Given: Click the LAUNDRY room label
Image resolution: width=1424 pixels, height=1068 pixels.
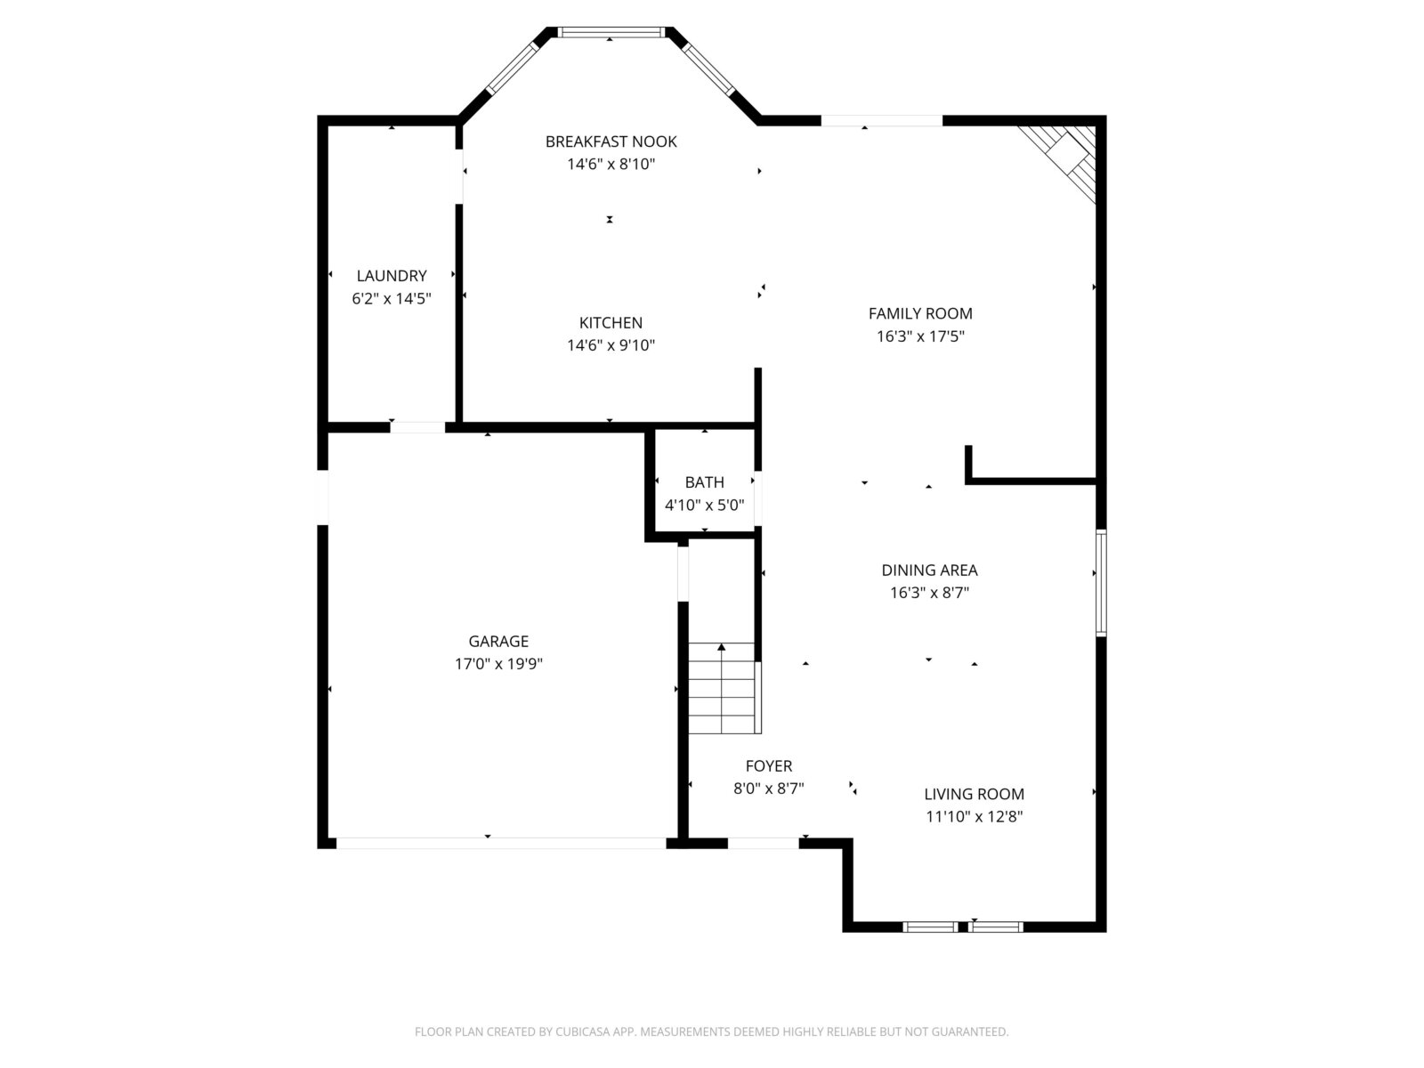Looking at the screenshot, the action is tap(392, 276).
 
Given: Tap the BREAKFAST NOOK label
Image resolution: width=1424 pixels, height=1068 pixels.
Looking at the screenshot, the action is tap(611, 142).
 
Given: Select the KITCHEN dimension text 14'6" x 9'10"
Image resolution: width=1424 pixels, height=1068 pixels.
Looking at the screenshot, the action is tap(611, 345).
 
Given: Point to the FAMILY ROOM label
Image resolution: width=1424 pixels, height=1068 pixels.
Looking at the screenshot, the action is tap(920, 313).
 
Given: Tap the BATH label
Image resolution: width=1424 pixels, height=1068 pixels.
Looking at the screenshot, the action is tap(704, 481).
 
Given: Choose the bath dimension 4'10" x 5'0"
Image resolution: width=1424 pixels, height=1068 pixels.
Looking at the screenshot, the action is tap(704, 505).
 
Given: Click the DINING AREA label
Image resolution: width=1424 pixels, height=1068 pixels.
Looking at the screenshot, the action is tap(929, 570).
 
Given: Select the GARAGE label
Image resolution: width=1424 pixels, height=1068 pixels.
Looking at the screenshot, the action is tap(498, 641).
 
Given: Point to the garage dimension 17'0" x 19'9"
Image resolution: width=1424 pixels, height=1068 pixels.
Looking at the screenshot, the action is tap(498, 663).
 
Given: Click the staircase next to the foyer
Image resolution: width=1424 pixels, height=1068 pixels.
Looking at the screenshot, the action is tap(724, 688).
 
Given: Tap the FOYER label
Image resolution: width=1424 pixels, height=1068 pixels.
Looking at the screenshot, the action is tap(769, 765).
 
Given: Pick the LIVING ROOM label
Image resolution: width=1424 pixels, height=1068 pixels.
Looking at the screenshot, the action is tap(974, 794).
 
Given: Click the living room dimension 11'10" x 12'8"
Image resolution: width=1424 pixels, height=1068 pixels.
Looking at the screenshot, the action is tap(974, 816).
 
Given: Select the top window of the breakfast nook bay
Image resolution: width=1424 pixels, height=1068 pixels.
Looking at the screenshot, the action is tap(611, 32).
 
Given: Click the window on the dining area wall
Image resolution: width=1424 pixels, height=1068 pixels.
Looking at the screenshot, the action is tap(1101, 582).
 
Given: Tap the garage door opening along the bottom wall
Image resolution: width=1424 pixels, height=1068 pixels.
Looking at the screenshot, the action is tap(501, 843).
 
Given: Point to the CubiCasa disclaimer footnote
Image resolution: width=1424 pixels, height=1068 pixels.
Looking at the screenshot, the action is tap(712, 1031).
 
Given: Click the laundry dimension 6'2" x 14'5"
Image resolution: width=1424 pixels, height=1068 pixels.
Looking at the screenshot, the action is tap(392, 298).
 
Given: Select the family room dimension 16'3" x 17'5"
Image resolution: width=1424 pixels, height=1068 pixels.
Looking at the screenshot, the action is tap(920, 336).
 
